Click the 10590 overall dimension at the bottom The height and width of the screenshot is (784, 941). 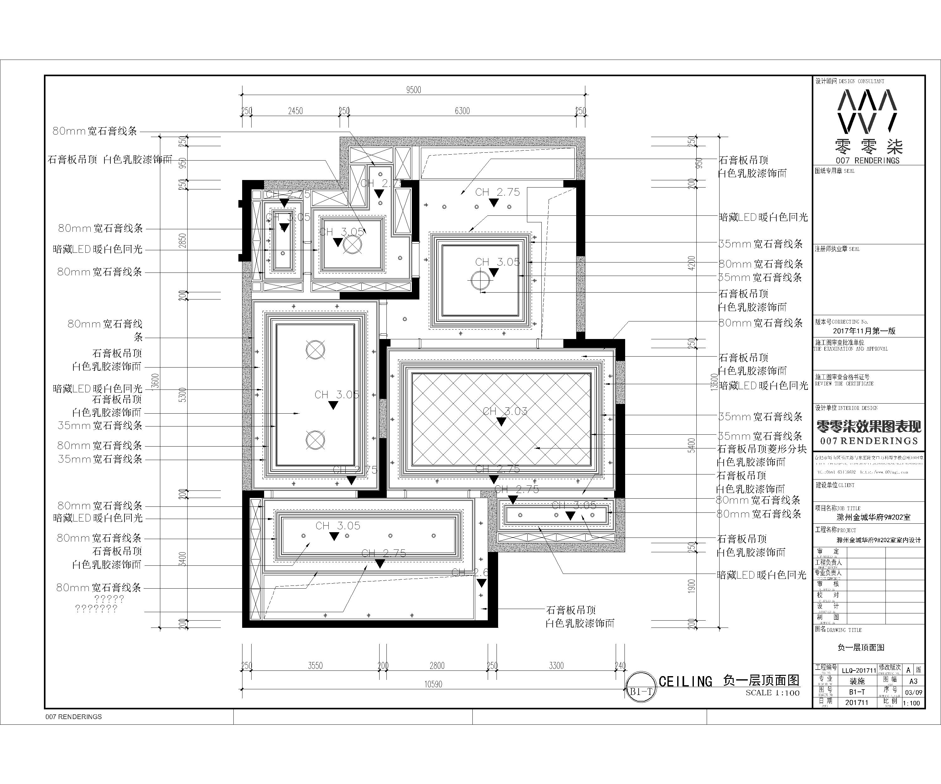(x=433, y=684)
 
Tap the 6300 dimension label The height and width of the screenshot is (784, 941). (x=462, y=111)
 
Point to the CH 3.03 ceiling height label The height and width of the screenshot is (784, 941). (x=505, y=411)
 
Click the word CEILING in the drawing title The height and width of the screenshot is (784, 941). (x=685, y=682)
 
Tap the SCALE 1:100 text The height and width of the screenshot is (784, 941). (x=773, y=693)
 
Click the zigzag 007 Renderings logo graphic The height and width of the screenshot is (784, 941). (x=868, y=112)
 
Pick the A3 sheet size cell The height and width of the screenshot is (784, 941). (x=913, y=681)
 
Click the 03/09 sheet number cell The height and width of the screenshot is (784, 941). (x=913, y=692)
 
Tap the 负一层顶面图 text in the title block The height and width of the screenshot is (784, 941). (x=861, y=647)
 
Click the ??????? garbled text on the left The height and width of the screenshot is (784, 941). (x=96, y=609)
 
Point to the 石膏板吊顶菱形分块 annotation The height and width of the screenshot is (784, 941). (x=762, y=449)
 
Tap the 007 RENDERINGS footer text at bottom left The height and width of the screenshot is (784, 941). (x=73, y=717)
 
